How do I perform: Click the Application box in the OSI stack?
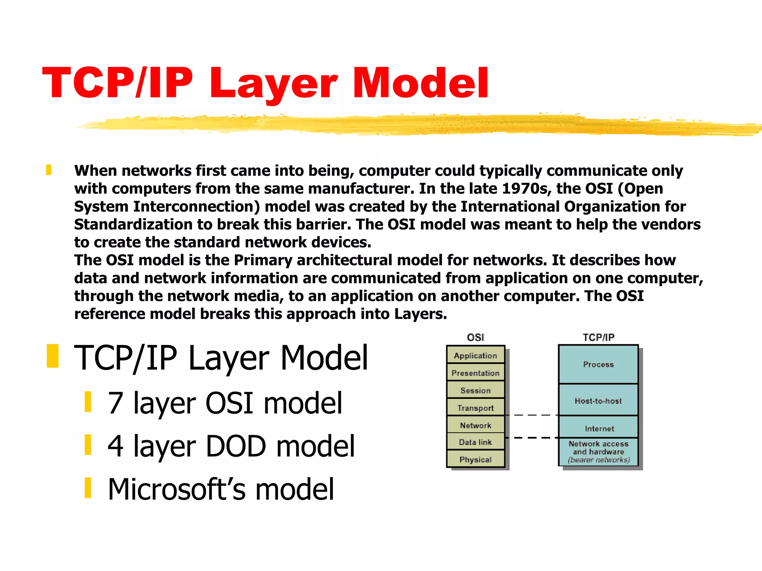(x=476, y=355)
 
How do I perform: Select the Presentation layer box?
(x=476, y=372)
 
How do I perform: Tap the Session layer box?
(x=476, y=390)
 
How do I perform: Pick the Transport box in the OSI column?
(x=476, y=407)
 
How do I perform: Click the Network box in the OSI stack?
(x=476, y=425)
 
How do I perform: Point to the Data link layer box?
(x=476, y=442)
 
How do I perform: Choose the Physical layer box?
(x=476, y=459)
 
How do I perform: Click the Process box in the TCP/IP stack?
(x=598, y=364)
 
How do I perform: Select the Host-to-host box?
(x=598, y=400)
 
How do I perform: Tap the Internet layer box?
(x=598, y=428)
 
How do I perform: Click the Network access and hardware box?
(x=598, y=452)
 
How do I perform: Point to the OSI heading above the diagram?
(x=476, y=337)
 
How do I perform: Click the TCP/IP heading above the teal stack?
(x=598, y=337)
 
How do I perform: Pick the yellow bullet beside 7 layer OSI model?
(x=88, y=402)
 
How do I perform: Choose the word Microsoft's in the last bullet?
(x=177, y=489)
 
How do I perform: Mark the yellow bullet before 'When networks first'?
(x=49, y=170)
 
